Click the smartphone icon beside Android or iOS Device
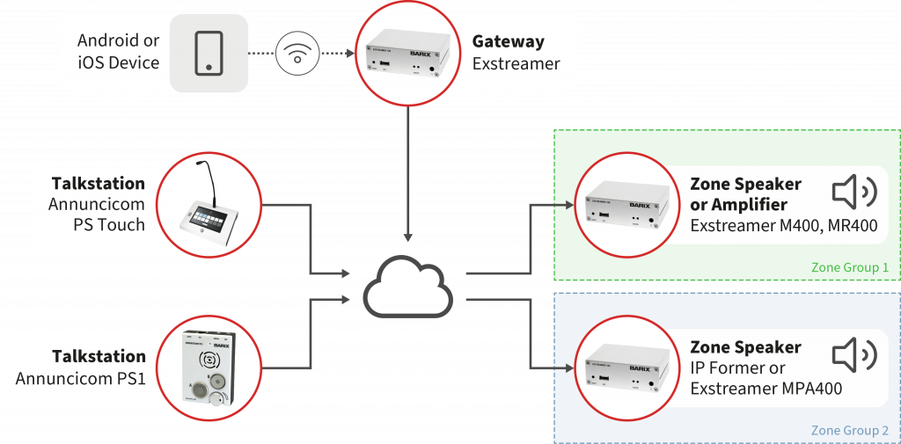pyautogui.click(x=209, y=52)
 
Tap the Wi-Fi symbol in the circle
pyautogui.click(x=297, y=53)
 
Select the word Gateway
pyautogui.click(x=508, y=41)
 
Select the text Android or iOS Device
pyautogui.click(x=118, y=52)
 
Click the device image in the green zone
pyautogui.click(x=625, y=205)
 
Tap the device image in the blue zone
pyautogui.click(x=625, y=368)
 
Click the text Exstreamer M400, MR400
pyautogui.click(x=783, y=226)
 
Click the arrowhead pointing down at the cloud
pyautogui.click(x=409, y=237)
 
